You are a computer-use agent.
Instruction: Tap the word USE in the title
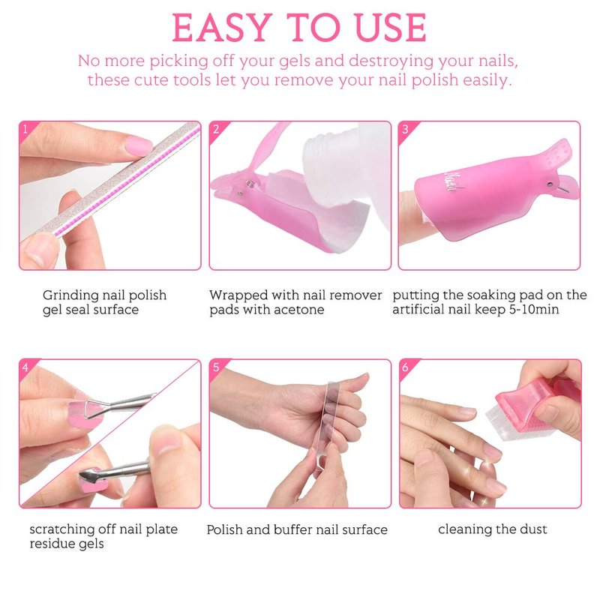point(390,28)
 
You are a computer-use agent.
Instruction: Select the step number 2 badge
point(216,129)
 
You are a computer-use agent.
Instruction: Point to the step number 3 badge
point(405,129)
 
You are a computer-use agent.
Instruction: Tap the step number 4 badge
point(25,367)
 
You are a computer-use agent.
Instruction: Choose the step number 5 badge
point(216,367)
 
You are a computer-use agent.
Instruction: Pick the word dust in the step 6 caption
point(533,529)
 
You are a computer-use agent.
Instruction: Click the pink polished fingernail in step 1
point(139,145)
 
